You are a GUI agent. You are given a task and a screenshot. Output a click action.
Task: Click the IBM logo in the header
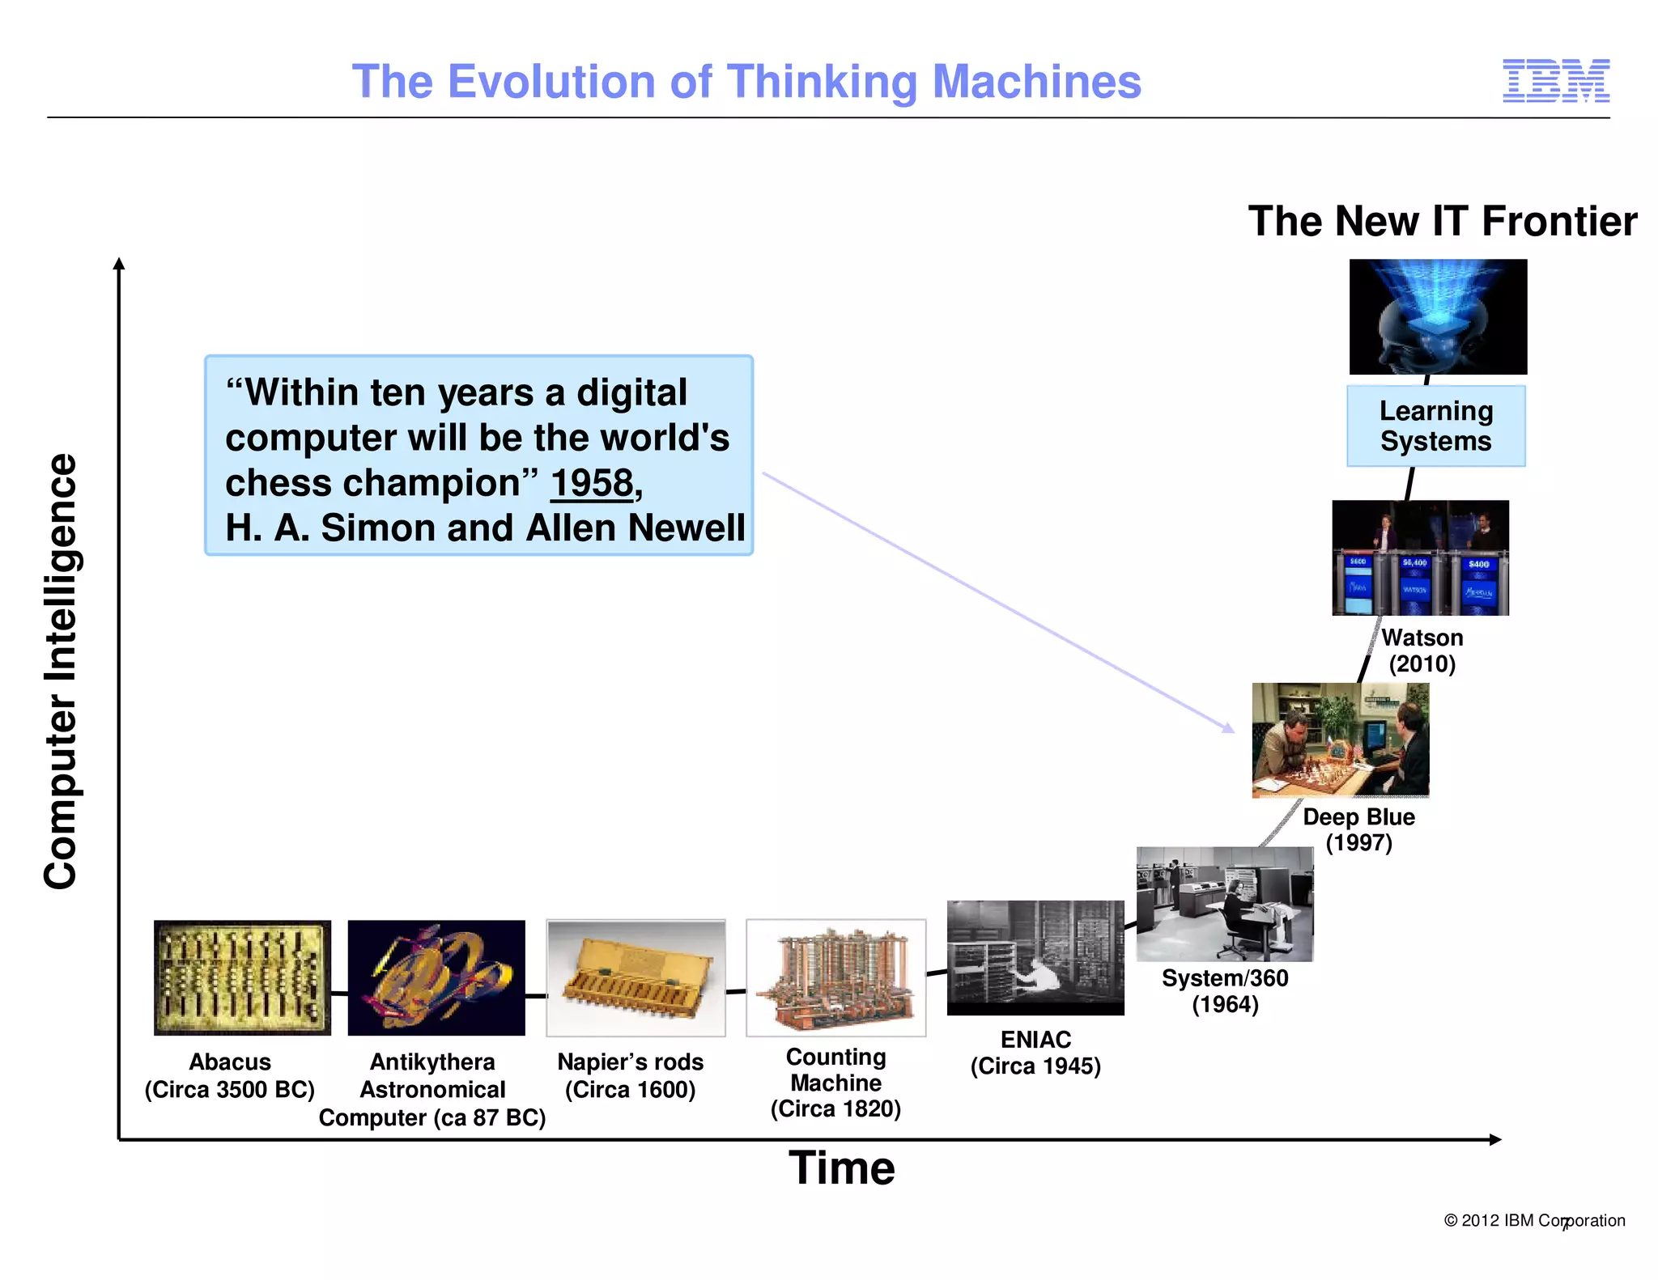tap(1555, 81)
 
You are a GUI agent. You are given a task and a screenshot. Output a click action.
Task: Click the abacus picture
tap(242, 977)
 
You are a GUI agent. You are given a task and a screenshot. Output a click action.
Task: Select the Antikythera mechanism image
tap(436, 977)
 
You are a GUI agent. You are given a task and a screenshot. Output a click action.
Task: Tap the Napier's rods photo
tap(636, 977)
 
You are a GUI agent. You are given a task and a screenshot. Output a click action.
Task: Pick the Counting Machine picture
tap(835, 977)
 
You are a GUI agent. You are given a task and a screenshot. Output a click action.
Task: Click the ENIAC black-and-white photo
tap(1035, 957)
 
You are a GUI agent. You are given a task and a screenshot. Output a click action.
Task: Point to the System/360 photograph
tap(1224, 904)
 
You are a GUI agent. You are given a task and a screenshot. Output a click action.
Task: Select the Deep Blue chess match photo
tap(1340, 740)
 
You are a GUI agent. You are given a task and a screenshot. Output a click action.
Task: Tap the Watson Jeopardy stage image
tap(1420, 557)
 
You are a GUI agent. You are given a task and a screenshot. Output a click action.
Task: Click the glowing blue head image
tap(1438, 316)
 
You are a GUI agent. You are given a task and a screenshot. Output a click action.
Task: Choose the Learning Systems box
tap(1435, 426)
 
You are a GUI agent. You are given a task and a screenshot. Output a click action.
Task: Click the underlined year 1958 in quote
tap(593, 483)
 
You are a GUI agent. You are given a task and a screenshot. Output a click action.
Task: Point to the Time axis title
tap(841, 1168)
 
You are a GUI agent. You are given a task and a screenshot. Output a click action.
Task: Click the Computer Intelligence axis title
tap(61, 672)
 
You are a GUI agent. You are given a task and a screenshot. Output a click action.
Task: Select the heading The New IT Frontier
tap(1442, 222)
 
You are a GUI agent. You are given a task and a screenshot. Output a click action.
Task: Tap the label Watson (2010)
tap(1422, 651)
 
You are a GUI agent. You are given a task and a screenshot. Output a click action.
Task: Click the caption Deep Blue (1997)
tap(1358, 829)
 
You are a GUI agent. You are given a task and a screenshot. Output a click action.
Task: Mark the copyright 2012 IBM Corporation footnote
tap(1533, 1220)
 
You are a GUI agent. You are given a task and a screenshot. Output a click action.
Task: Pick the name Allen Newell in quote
tap(635, 528)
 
